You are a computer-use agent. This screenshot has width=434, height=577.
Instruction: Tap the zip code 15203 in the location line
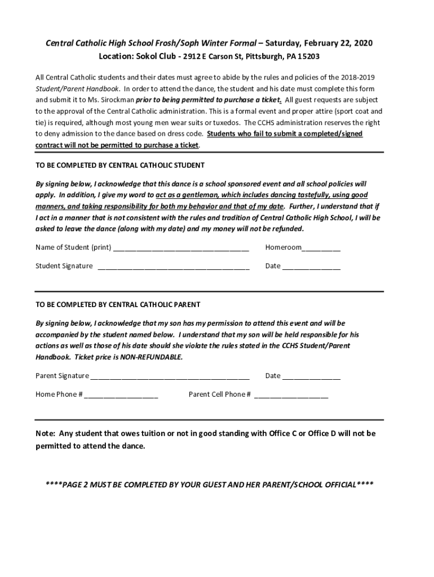point(309,57)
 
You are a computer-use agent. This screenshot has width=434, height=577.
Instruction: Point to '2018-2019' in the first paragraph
point(358,77)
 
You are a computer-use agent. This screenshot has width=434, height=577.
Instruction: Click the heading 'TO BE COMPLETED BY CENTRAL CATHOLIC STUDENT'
point(120,166)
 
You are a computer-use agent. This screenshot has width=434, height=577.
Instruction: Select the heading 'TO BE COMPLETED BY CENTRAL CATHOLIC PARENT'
point(118,305)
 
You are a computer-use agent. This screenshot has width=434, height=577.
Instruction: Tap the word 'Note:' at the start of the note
point(46,433)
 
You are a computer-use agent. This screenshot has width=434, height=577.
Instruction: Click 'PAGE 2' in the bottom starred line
point(78,485)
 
